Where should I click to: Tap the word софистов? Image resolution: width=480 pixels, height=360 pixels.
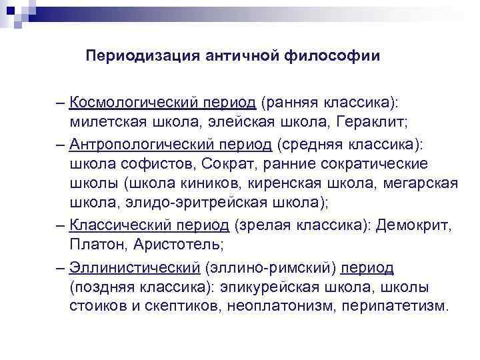tap(141, 164)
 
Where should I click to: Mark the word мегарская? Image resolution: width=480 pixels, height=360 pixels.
tap(421, 184)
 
